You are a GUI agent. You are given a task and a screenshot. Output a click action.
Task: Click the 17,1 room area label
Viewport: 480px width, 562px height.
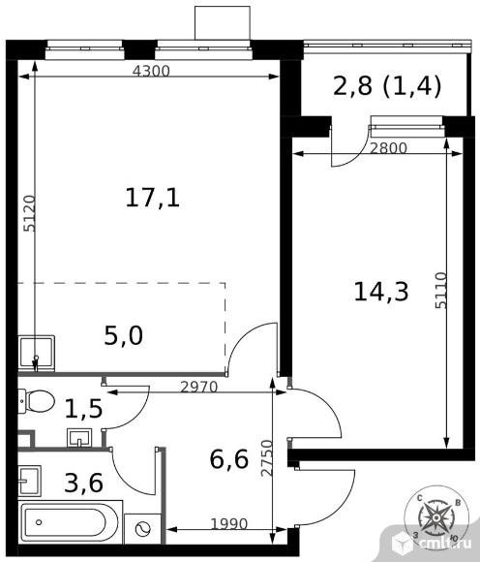coord(153,199)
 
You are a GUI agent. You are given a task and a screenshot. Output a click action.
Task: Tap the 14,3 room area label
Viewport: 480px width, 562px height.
coord(381,292)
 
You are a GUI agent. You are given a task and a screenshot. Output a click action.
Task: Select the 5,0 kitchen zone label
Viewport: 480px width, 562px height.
coord(124,336)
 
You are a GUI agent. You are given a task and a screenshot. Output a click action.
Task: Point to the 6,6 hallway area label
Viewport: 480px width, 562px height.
coord(229,459)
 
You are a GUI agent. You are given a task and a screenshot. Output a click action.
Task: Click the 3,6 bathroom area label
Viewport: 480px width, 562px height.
coord(84,484)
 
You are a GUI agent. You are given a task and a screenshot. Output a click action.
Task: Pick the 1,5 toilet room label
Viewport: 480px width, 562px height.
coord(84,409)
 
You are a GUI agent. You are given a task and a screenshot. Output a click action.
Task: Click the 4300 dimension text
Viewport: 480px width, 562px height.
coord(151,72)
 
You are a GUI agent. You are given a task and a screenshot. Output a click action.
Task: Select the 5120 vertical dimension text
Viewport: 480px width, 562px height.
coord(29,213)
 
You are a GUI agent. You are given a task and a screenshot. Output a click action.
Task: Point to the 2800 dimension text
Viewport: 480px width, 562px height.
coord(388,148)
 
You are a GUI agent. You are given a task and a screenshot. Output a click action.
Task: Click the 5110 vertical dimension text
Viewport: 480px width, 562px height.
coord(441,291)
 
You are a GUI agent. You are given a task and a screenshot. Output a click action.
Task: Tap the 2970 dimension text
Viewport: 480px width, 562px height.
coord(199,387)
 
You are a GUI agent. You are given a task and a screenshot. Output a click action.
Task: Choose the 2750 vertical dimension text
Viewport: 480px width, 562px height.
coord(267,458)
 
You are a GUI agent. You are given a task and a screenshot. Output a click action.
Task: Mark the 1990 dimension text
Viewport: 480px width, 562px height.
coord(229,524)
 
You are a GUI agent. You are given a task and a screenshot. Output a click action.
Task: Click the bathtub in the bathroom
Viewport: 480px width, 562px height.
coord(70,522)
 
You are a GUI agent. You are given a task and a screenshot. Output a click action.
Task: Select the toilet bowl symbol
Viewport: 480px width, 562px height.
coord(36,401)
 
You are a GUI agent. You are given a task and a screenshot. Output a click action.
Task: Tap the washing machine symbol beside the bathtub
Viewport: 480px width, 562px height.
coord(142,528)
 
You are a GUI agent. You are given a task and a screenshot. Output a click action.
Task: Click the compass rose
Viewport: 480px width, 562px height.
coord(436,518)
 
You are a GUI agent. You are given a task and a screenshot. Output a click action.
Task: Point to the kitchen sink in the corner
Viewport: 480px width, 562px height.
coord(36,353)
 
